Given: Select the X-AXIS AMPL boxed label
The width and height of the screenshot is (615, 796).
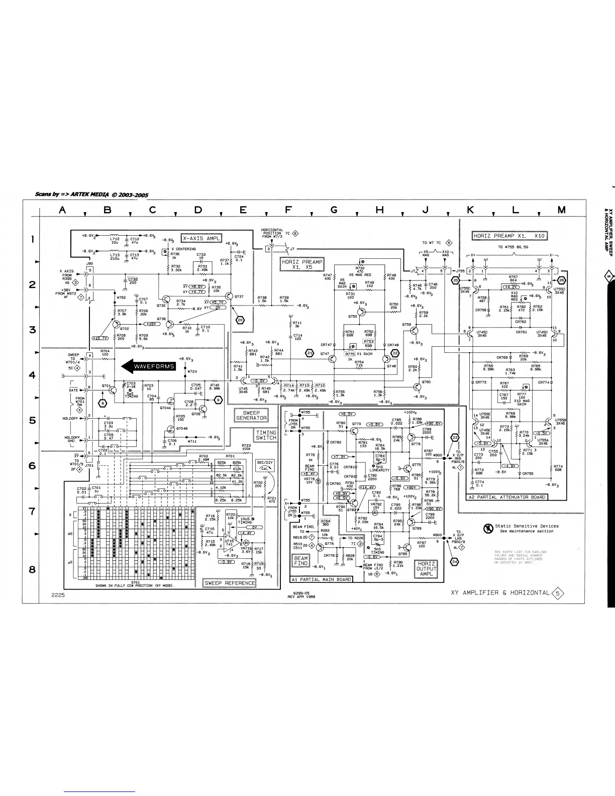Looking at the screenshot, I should (201, 238).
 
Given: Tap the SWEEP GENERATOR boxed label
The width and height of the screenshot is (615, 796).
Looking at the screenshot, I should (252, 415).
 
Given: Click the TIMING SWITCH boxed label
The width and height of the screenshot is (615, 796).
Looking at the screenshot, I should (266, 435).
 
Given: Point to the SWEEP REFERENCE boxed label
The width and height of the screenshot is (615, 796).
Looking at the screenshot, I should (230, 583).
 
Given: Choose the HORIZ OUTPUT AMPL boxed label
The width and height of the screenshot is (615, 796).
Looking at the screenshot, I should (427, 569).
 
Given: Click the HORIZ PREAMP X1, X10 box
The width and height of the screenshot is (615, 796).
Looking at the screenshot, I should (509, 236).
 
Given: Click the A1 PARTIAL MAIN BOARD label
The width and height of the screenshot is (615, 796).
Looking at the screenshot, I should (322, 579).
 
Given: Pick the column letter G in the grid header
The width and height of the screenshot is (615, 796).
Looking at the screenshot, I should (334, 210).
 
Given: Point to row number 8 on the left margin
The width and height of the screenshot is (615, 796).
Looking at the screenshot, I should (33, 569).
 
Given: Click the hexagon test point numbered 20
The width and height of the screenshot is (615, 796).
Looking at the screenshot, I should (240, 320).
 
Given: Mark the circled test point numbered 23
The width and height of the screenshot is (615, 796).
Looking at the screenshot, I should (455, 437).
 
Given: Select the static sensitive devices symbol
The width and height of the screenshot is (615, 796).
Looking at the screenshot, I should (487, 528).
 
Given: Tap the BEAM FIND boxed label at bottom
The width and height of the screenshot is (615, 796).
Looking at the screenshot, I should (301, 561).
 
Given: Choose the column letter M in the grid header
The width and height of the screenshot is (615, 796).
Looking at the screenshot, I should (561, 210).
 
